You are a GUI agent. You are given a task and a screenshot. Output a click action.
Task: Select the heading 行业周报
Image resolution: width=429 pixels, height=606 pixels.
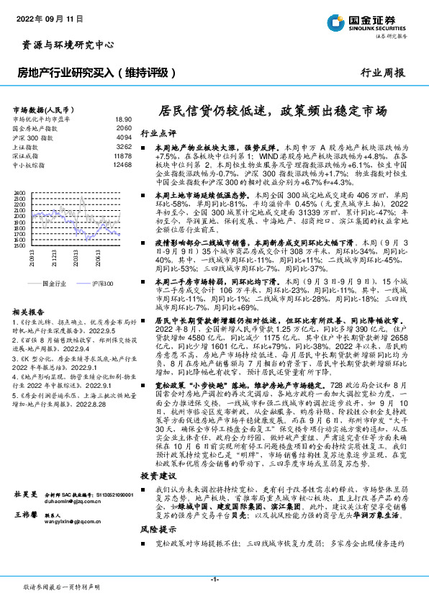pos(382,72)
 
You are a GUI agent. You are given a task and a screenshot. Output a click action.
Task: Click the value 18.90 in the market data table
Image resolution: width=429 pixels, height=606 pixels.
pos(123,119)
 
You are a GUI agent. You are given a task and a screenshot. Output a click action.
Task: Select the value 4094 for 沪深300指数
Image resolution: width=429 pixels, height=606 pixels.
pos(124,137)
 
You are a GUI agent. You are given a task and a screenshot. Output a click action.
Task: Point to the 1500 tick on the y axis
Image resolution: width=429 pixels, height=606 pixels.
pos(20,245)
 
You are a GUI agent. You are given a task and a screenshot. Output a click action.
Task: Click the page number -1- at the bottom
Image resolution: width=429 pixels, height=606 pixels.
pos(214,579)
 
